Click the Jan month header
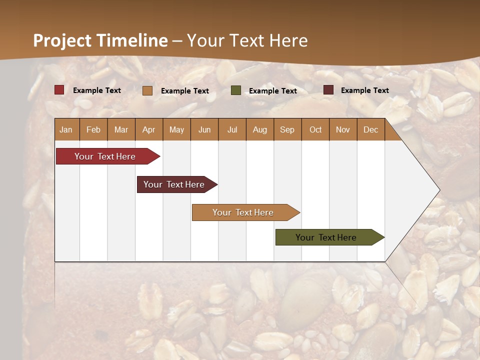click(66, 129)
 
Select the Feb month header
click(93, 129)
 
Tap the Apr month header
click(149, 129)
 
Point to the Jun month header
click(204, 129)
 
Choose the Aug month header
click(260, 129)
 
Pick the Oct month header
click(315, 129)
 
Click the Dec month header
click(370, 129)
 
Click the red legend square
click(59, 90)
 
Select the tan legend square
click(147, 90)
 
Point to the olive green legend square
click(236, 90)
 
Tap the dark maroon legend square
click(328, 90)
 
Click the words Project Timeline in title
click(100, 40)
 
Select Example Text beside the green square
click(273, 91)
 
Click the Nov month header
click(343, 129)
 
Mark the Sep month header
click(287, 129)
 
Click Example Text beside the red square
click(97, 90)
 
